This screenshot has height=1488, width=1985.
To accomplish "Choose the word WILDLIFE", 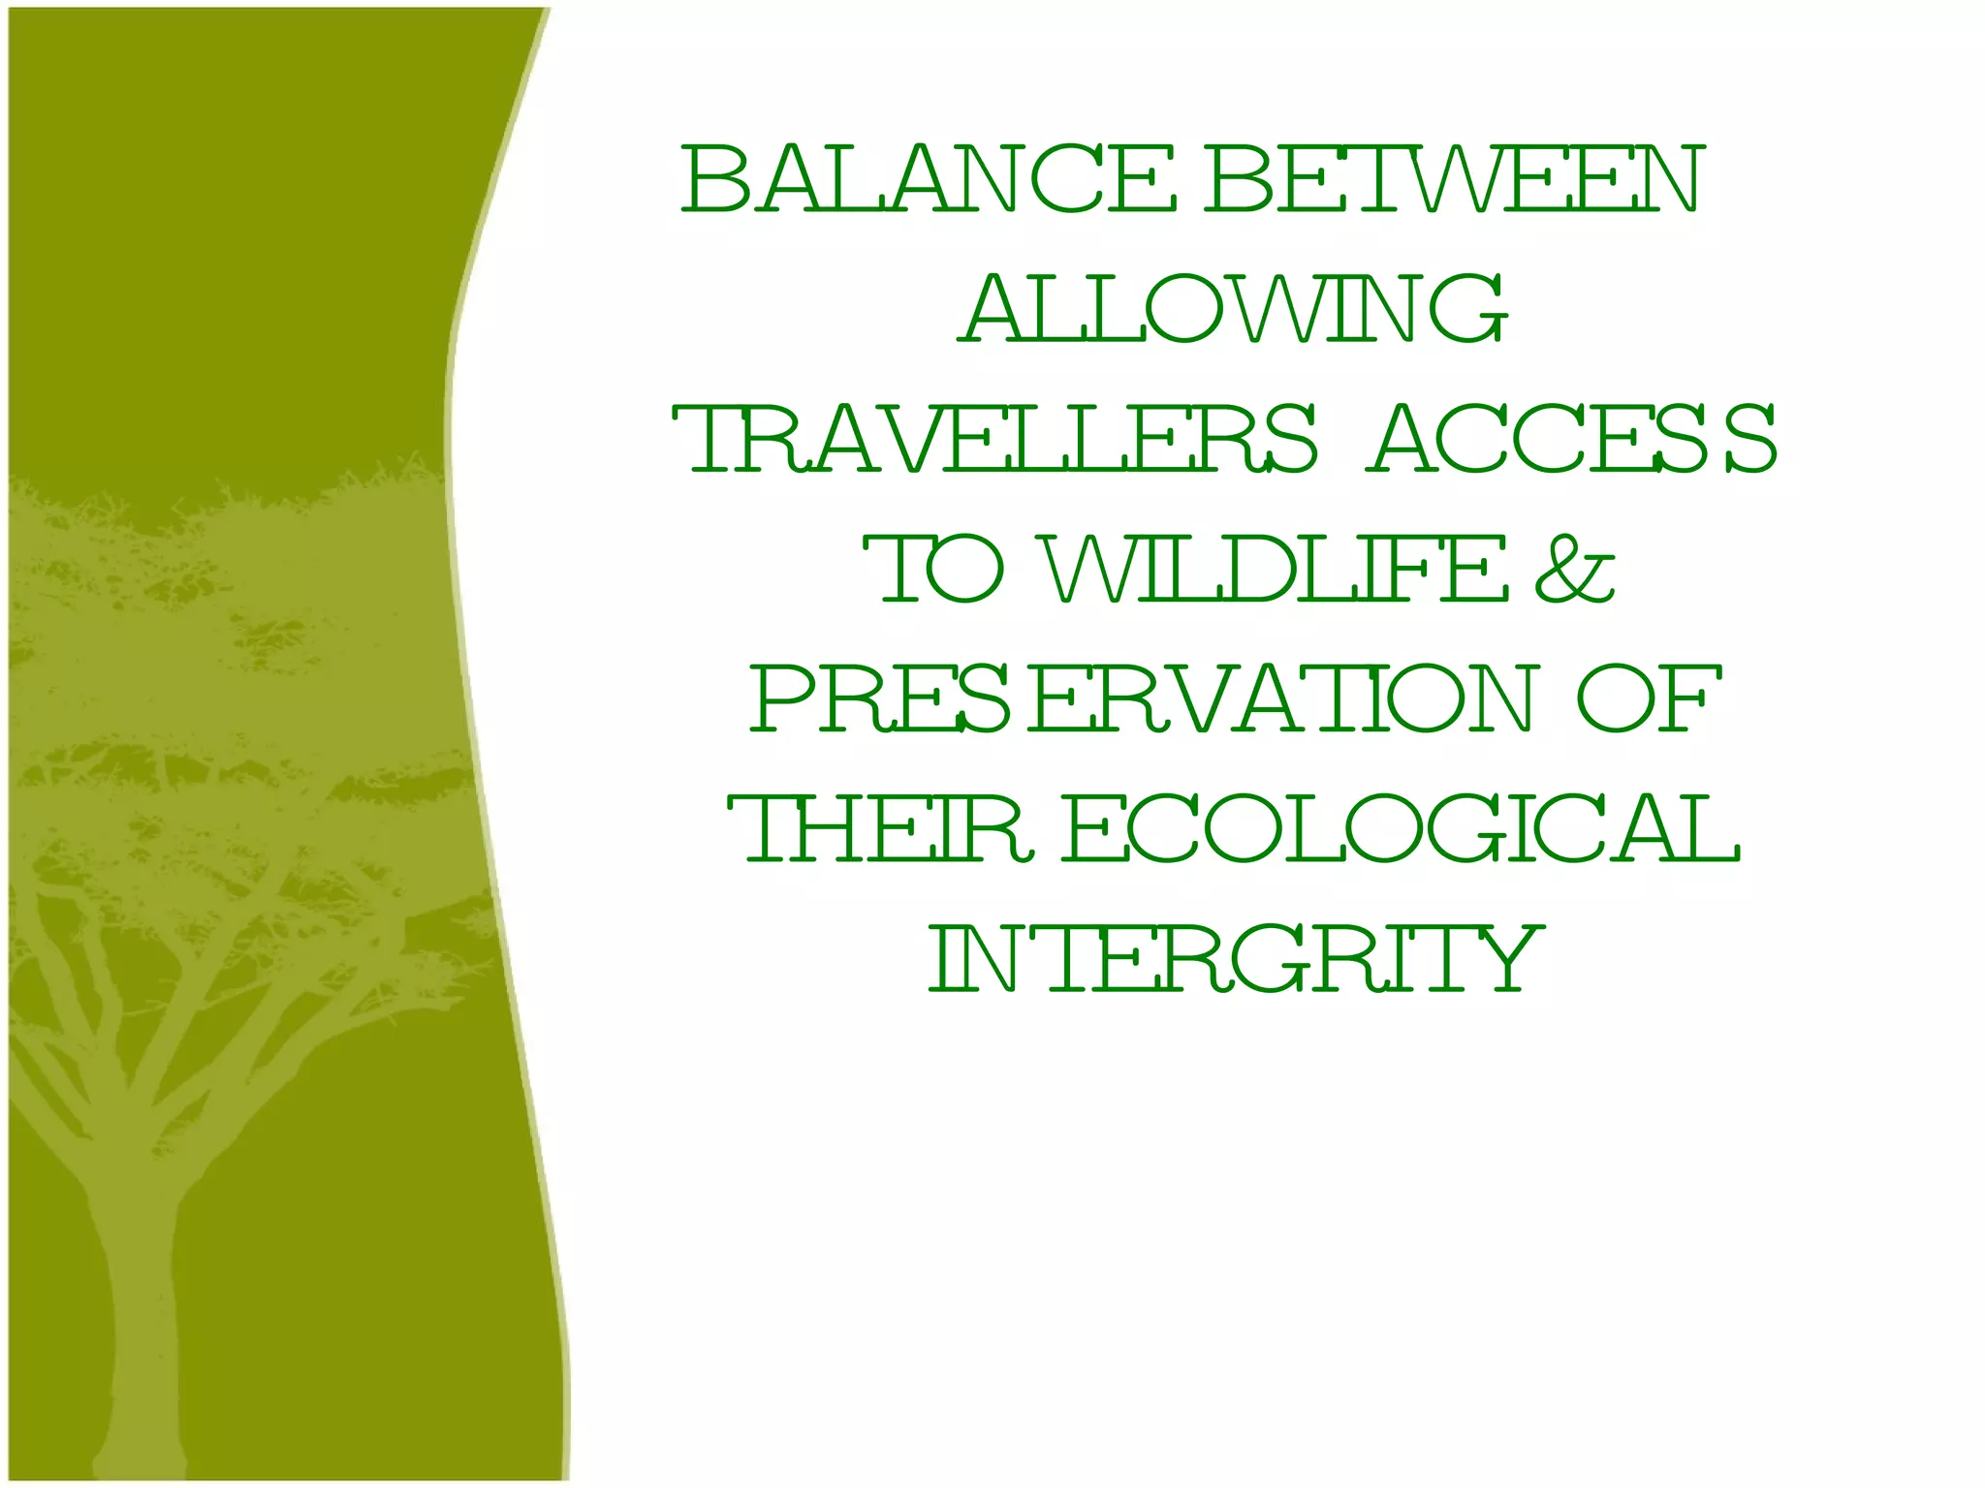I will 1276,570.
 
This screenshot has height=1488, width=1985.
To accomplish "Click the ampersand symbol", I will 1576,570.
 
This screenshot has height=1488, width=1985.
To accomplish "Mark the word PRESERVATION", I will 1144,699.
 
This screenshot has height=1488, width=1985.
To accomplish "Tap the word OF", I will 1649,699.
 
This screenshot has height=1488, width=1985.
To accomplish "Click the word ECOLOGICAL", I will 1402,829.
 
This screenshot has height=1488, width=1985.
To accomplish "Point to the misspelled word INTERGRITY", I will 1235,959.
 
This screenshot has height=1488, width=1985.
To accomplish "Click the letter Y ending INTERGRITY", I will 1506,959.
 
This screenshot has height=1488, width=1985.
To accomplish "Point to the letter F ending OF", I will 1691,699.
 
